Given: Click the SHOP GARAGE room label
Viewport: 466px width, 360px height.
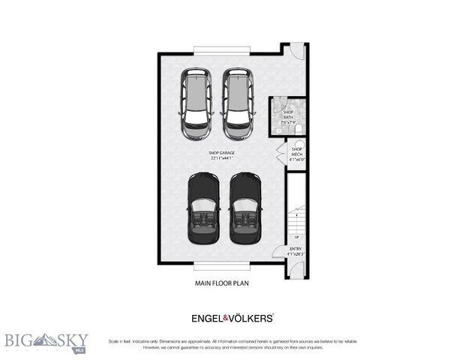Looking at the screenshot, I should (x=221, y=153).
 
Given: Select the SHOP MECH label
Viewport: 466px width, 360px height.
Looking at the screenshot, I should (x=296, y=153).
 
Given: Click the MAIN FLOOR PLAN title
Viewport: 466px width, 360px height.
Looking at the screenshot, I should (x=222, y=284).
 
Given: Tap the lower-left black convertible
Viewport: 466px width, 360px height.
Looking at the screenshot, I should (x=202, y=216).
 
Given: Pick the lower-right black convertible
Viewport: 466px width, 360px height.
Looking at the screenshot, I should (x=243, y=216).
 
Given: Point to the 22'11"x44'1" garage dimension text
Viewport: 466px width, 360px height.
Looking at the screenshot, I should (x=221, y=158).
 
